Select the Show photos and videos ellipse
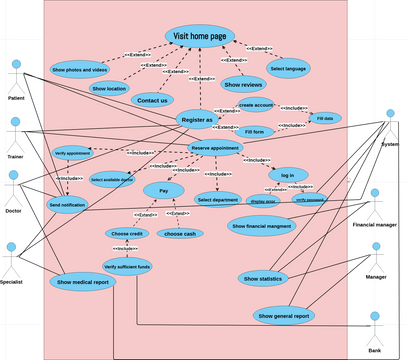(79, 70)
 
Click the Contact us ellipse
(151, 100)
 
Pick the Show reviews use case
(243, 84)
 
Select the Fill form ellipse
(254, 132)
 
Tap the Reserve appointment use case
(216, 148)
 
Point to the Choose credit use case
(126, 233)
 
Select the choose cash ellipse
(180, 233)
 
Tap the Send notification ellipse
(67, 204)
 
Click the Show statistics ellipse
(263, 278)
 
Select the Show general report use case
(286, 316)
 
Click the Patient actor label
(16, 99)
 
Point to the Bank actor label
(375, 351)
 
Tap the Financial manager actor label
(375, 225)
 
